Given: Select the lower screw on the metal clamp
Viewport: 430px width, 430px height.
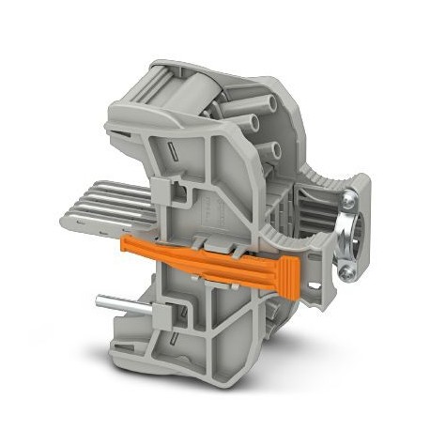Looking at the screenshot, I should coord(348,272).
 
